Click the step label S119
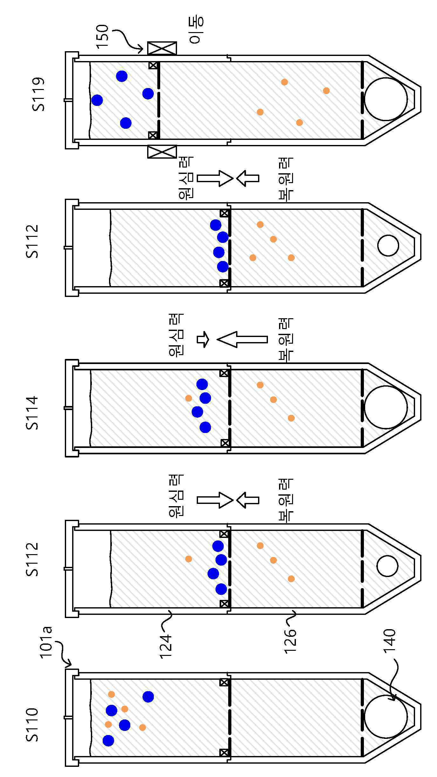38,94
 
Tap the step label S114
32,413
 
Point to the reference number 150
103,37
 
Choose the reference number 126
290,641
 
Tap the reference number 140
390,641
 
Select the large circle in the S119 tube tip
386,99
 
